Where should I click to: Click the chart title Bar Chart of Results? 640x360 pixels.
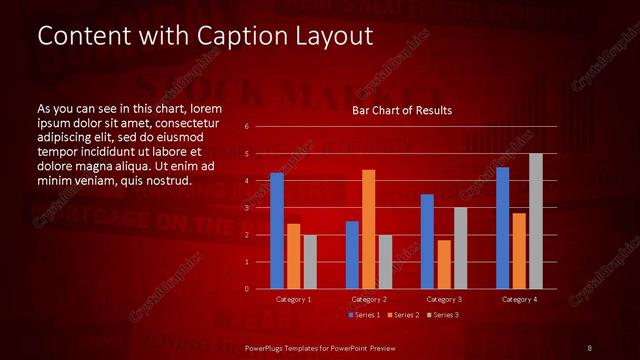coord(402,110)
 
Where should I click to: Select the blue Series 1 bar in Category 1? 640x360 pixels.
coord(277,230)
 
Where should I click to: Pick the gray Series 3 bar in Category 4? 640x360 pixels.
coord(535,221)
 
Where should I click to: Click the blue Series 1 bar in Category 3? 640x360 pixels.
coord(427,241)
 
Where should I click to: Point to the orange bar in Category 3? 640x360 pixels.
coord(443,264)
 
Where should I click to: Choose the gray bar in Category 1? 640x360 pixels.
coord(310,262)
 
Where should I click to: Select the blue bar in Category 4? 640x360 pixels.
coord(502,227)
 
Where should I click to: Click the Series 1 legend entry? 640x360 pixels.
coord(364,315)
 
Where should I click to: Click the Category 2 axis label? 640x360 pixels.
coord(368,299)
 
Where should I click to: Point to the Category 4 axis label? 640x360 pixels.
coord(518,299)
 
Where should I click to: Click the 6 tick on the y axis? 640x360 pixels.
coord(247,127)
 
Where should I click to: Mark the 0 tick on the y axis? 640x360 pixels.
coord(247,289)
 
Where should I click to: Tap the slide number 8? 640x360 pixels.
coord(589,347)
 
